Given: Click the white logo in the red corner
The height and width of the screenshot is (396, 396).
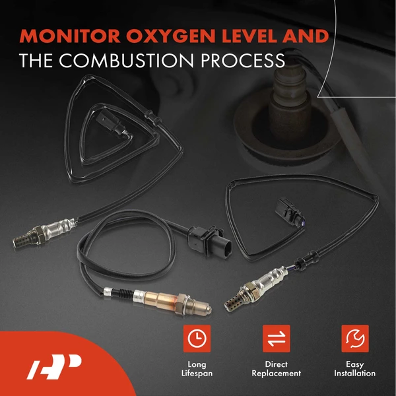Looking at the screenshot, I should click(54, 367).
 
